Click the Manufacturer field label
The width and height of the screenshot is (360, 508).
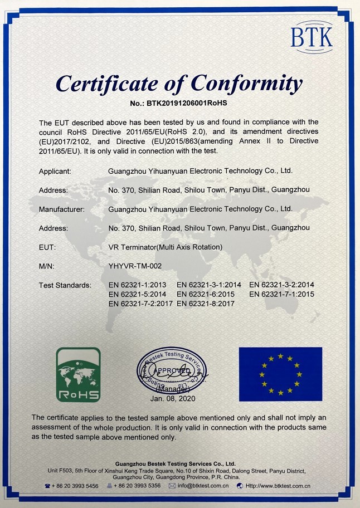click(61, 209)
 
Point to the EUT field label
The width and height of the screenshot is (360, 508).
click(47, 247)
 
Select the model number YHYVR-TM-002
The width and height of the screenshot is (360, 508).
click(135, 266)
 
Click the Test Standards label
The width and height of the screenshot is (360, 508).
click(65, 285)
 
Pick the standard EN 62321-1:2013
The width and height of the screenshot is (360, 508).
click(137, 285)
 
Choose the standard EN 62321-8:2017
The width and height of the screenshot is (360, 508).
click(206, 304)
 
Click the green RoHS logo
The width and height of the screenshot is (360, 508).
click(79, 374)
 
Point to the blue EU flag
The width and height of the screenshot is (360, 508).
click(280, 374)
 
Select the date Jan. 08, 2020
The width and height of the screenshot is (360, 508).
click(172, 398)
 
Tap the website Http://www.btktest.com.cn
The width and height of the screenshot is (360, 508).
click(277, 486)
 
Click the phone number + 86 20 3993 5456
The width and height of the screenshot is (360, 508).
click(75, 486)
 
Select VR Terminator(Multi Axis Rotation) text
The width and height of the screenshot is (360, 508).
click(166, 247)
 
